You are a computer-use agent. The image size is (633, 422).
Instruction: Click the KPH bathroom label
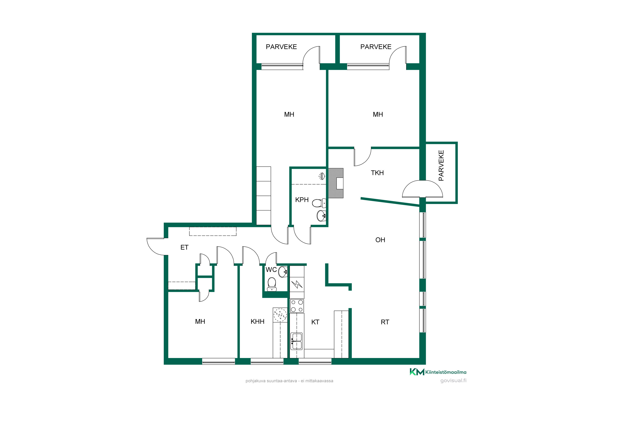[302, 200]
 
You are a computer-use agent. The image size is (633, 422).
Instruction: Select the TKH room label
[377, 173]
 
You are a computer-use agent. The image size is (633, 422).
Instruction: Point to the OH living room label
[380, 240]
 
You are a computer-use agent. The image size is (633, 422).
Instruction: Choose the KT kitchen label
[315, 322]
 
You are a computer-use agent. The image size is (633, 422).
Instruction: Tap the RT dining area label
[385, 322]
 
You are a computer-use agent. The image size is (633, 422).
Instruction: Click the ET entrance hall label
[184, 247]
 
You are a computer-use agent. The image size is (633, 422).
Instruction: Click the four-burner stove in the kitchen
[297, 306]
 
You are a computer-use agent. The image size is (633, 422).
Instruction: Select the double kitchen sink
[297, 341]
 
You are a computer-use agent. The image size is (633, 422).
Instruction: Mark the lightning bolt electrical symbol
[297, 284]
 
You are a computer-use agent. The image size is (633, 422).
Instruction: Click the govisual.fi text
[453, 381]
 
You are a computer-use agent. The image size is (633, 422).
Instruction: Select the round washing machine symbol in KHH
[280, 315]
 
